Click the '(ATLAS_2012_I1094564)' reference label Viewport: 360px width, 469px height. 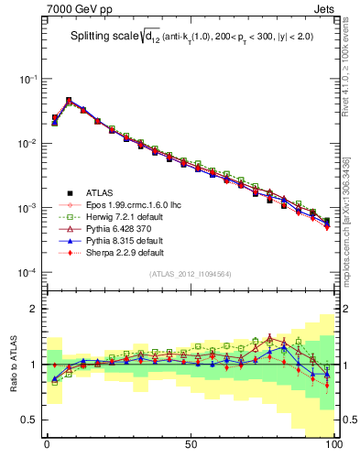[189, 274]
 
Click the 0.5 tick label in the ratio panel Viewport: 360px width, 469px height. [26, 420]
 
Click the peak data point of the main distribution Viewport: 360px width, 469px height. [69, 100]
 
